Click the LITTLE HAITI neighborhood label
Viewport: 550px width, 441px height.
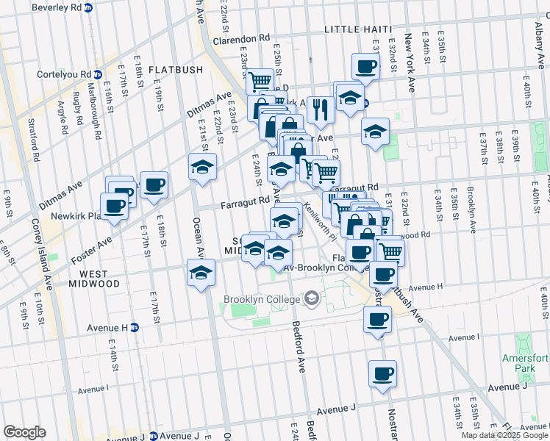358,29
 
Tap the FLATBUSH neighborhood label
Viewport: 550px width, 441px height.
175,70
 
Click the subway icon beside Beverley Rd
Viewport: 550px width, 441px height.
88,9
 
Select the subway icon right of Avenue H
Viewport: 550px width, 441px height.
135,328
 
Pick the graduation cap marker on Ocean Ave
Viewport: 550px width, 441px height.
201,272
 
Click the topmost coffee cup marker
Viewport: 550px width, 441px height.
365,67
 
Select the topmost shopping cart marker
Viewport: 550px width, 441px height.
259,81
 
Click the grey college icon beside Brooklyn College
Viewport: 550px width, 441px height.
312,298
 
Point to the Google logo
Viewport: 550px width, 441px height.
24,432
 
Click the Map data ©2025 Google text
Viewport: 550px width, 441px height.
504,435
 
